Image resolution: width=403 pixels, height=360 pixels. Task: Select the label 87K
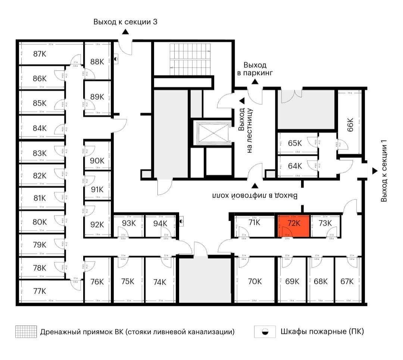[40, 54]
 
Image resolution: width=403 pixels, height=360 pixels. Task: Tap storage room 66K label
[350, 125]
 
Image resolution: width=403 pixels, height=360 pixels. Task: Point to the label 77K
[40, 291]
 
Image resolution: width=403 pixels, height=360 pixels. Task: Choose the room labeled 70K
[254, 282]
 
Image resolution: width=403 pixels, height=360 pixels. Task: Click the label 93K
[129, 223]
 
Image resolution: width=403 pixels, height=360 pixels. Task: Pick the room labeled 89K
[97, 97]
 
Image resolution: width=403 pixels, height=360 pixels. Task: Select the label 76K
[97, 282]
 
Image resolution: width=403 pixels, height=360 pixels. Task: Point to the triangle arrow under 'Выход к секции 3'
[125, 32]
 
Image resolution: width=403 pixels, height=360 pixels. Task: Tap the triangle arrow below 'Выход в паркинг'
[255, 82]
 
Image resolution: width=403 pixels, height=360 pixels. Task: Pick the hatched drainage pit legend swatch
[26, 332]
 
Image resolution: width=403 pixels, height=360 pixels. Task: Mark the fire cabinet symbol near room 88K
[116, 59]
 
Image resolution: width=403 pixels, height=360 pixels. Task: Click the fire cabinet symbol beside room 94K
[181, 221]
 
